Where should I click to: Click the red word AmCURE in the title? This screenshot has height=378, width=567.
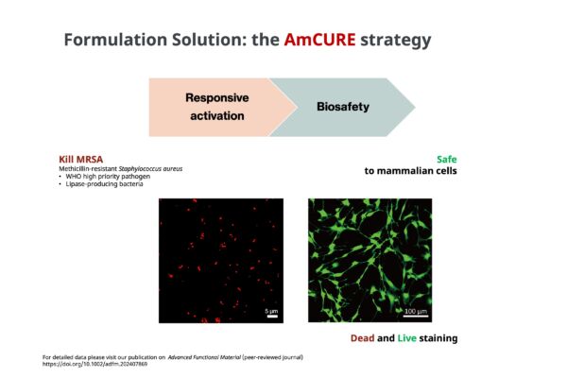(319, 40)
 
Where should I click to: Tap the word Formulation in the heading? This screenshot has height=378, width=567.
(115, 40)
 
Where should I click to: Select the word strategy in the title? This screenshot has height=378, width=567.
(396, 41)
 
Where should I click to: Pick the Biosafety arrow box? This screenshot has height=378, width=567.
(342, 107)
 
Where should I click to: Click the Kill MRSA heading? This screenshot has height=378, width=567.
(81, 159)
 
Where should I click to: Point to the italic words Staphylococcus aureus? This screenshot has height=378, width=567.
(150, 168)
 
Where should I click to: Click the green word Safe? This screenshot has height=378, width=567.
(447, 159)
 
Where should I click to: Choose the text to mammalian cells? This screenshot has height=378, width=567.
(410, 171)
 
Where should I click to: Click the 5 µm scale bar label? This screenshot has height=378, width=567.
(271, 311)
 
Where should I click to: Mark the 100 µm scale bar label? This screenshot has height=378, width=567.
(416, 311)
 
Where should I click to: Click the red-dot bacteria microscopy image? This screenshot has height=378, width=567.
(221, 261)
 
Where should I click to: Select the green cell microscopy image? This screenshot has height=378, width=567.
(369, 260)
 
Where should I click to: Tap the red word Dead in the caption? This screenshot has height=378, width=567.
(362, 338)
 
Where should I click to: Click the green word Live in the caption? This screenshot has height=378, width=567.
(406, 338)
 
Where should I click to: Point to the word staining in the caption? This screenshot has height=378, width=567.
(438, 338)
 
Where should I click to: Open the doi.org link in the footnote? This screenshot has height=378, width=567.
(94, 364)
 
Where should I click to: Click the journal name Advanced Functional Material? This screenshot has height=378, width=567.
(204, 357)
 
